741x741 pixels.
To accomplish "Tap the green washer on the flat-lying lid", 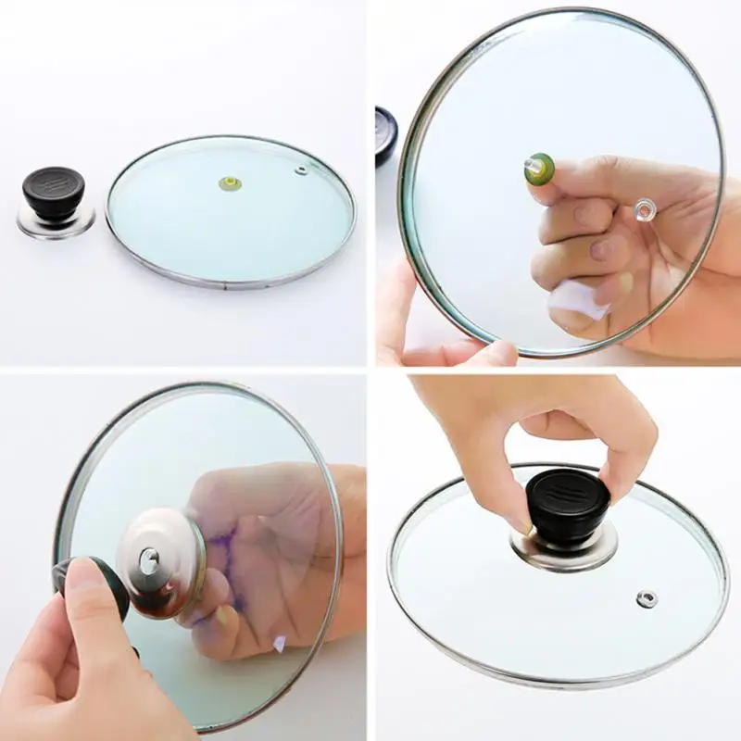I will (x=227, y=181).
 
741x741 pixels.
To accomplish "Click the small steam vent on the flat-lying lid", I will (x=301, y=170).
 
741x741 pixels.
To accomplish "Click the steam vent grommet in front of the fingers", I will (x=643, y=212).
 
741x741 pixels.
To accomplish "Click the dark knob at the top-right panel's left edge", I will (x=385, y=134).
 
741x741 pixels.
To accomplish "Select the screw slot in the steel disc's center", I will (x=148, y=559).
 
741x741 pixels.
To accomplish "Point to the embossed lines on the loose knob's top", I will (x=54, y=178).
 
